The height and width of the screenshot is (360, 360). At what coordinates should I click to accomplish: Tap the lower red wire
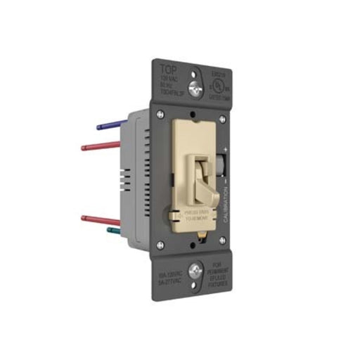point(98,219)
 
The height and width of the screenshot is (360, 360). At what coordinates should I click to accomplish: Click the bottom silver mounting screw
point(197,268)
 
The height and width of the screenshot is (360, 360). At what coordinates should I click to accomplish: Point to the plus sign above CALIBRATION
point(226,150)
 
